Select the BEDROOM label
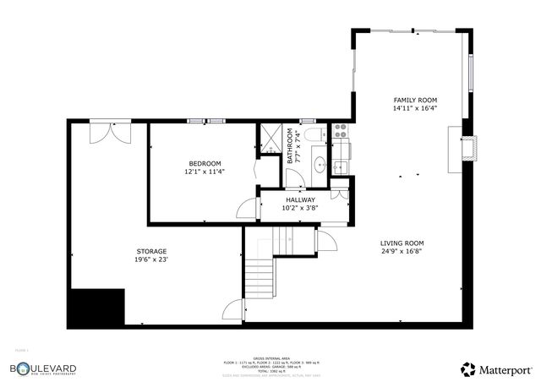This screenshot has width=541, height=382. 205,163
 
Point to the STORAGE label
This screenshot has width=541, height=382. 152,251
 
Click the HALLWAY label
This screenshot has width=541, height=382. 300,199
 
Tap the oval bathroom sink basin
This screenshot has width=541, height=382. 320,164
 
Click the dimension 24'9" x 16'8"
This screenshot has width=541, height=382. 402,251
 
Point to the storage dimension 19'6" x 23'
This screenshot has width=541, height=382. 152,260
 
